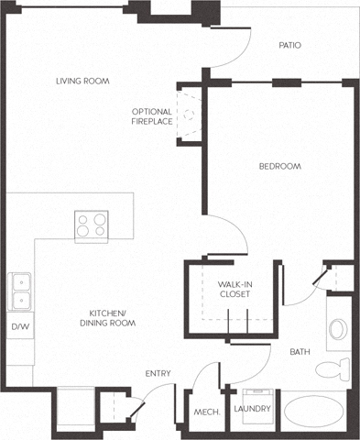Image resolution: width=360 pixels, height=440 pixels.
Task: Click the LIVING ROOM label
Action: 82,82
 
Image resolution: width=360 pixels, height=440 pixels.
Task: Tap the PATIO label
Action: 289,45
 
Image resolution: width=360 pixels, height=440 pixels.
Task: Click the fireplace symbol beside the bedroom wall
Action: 190,115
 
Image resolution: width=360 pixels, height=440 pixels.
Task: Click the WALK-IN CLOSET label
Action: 235,290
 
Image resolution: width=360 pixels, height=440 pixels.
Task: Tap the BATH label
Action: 300,352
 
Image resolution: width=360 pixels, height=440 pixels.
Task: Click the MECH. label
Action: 203,413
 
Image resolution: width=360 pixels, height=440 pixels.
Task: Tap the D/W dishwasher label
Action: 18,325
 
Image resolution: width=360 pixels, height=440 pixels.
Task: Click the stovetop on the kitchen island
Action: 91,225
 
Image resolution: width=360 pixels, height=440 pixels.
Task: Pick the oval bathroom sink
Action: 335,330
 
